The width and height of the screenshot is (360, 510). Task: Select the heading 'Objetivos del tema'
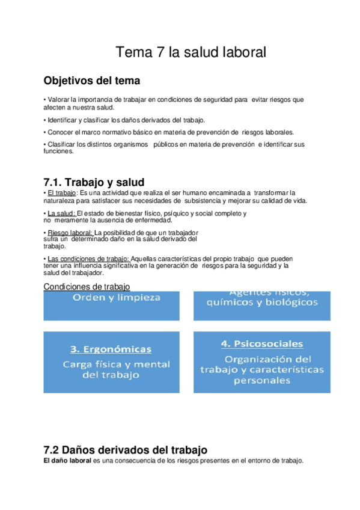pos(93,81)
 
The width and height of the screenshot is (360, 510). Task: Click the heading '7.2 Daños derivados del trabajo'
pos(126,449)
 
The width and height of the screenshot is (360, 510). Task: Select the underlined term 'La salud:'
pos(61,214)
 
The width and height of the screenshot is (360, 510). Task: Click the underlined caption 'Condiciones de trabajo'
pos(87,286)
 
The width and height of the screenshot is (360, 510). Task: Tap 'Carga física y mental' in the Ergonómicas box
pos(117,364)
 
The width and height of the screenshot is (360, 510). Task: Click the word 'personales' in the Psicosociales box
pos(263,380)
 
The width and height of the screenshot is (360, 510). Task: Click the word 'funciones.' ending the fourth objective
pos(58,152)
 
